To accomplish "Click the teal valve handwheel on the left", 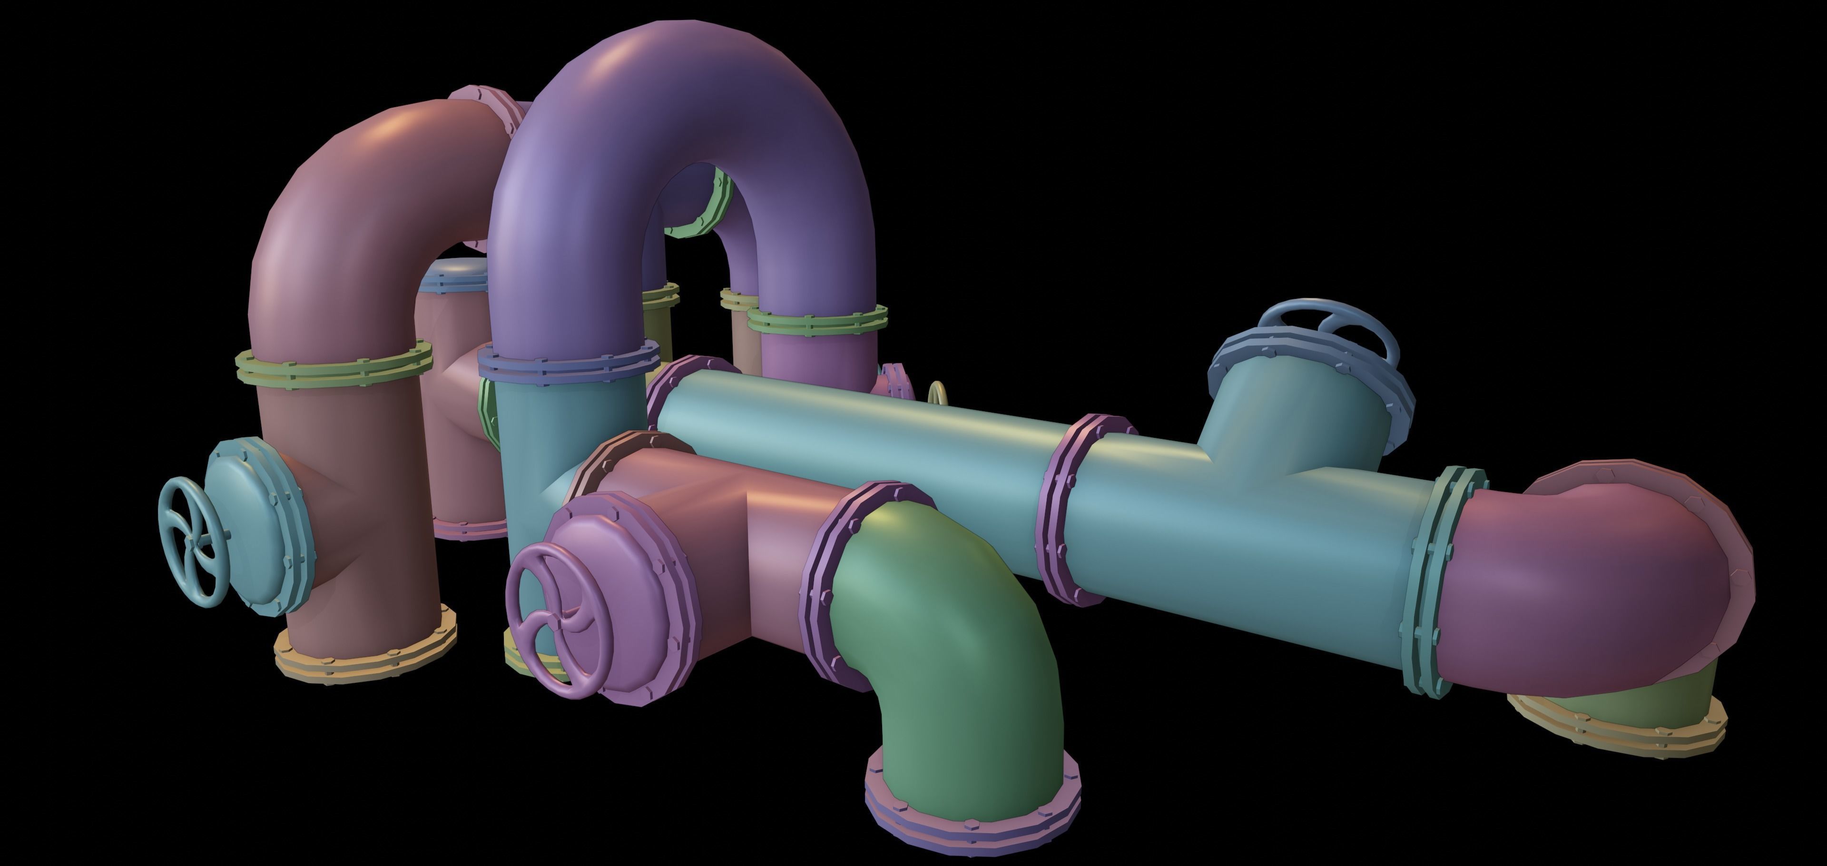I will click(190, 541).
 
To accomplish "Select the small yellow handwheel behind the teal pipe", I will click(938, 392).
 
